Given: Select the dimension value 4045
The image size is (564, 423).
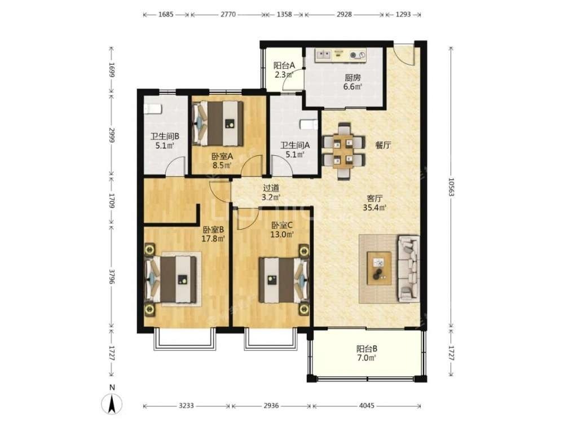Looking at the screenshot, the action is click(367, 406).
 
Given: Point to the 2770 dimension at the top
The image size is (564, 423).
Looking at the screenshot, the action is click(228, 15).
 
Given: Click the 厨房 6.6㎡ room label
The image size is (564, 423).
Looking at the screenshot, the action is click(353, 82).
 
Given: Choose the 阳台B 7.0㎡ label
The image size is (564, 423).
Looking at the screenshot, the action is click(367, 353).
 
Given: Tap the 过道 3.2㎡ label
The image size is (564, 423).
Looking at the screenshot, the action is click(271, 192).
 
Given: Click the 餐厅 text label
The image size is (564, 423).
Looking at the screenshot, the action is click(383, 146).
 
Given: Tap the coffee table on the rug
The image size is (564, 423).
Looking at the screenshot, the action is click(379, 268).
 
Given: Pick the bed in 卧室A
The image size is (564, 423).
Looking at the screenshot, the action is click(218, 124).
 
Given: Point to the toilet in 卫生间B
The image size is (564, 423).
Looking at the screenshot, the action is click(153, 108).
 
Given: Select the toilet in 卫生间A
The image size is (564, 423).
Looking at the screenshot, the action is click(309, 125).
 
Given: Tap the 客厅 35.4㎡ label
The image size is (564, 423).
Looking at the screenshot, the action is click(374, 202).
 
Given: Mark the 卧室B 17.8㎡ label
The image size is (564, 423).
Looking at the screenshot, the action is click(213, 234).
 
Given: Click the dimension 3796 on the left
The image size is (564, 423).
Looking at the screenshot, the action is click(112, 276).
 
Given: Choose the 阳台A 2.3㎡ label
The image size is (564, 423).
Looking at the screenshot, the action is click(284, 70).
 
